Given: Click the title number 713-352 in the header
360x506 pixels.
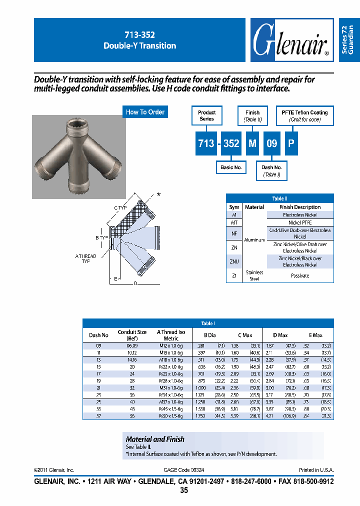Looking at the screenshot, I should point(139,35).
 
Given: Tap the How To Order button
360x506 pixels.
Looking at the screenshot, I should point(145,112).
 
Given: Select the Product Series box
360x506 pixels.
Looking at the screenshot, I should point(206,115).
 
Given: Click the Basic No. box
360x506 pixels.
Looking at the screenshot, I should point(231,167).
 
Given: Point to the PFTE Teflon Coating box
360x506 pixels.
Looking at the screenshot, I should point(304,115).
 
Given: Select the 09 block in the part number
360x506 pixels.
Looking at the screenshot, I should point(271,143).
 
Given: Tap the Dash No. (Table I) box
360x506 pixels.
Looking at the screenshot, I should point(271,170).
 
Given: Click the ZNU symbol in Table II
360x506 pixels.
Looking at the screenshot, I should point(234,261).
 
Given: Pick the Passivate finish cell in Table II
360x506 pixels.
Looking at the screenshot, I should point(300,275).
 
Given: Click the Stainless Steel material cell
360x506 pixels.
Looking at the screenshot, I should point(254,275).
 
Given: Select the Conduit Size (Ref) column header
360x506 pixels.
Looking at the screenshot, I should point(132,335).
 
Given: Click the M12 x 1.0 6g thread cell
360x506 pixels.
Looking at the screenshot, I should point(170,345).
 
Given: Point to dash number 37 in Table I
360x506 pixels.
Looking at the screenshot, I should point(98,416).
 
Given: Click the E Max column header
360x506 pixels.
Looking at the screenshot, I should point(315,335).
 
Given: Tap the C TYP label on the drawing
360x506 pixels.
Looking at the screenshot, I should point(120,207).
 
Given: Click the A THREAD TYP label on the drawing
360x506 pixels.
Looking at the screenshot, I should point(86,258).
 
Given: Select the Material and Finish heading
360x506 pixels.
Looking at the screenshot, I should point(155,439).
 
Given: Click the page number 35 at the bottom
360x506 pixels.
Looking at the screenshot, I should point(183,490).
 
